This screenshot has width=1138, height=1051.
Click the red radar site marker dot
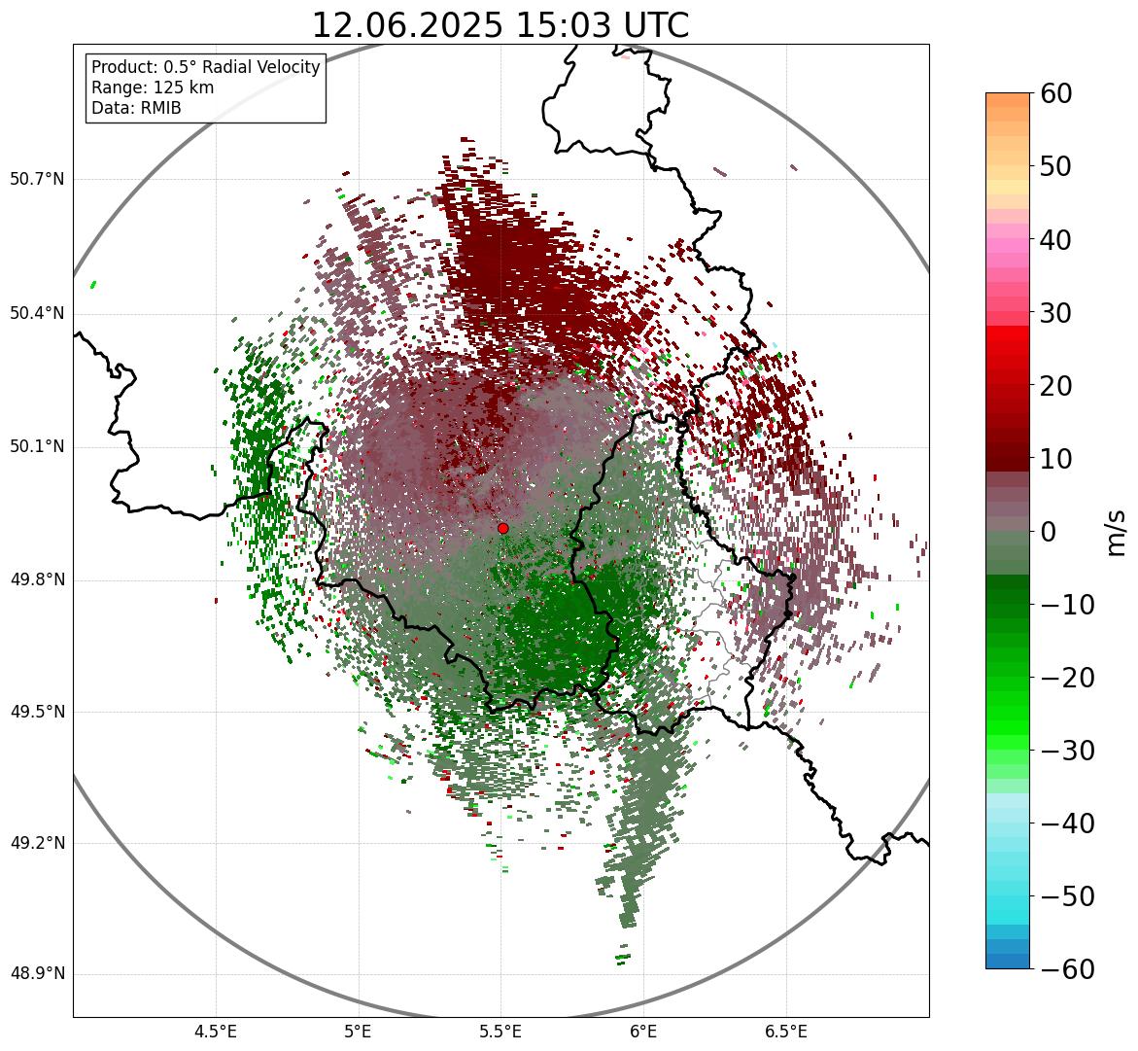(x=502, y=528)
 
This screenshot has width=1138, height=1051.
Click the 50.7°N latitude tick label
(x=37, y=180)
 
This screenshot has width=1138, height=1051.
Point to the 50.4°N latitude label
(x=37, y=314)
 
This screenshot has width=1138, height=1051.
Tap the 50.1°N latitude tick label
(x=37, y=447)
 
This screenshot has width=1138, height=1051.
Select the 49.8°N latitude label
(x=37, y=580)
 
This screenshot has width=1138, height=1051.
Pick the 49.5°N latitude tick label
(x=37, y=713)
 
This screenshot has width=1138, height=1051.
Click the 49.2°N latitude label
(x=37, y=843)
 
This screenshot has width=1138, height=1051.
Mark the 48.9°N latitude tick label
(x=37, y=974)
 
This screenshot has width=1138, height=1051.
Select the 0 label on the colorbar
(x=1050, y=532)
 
